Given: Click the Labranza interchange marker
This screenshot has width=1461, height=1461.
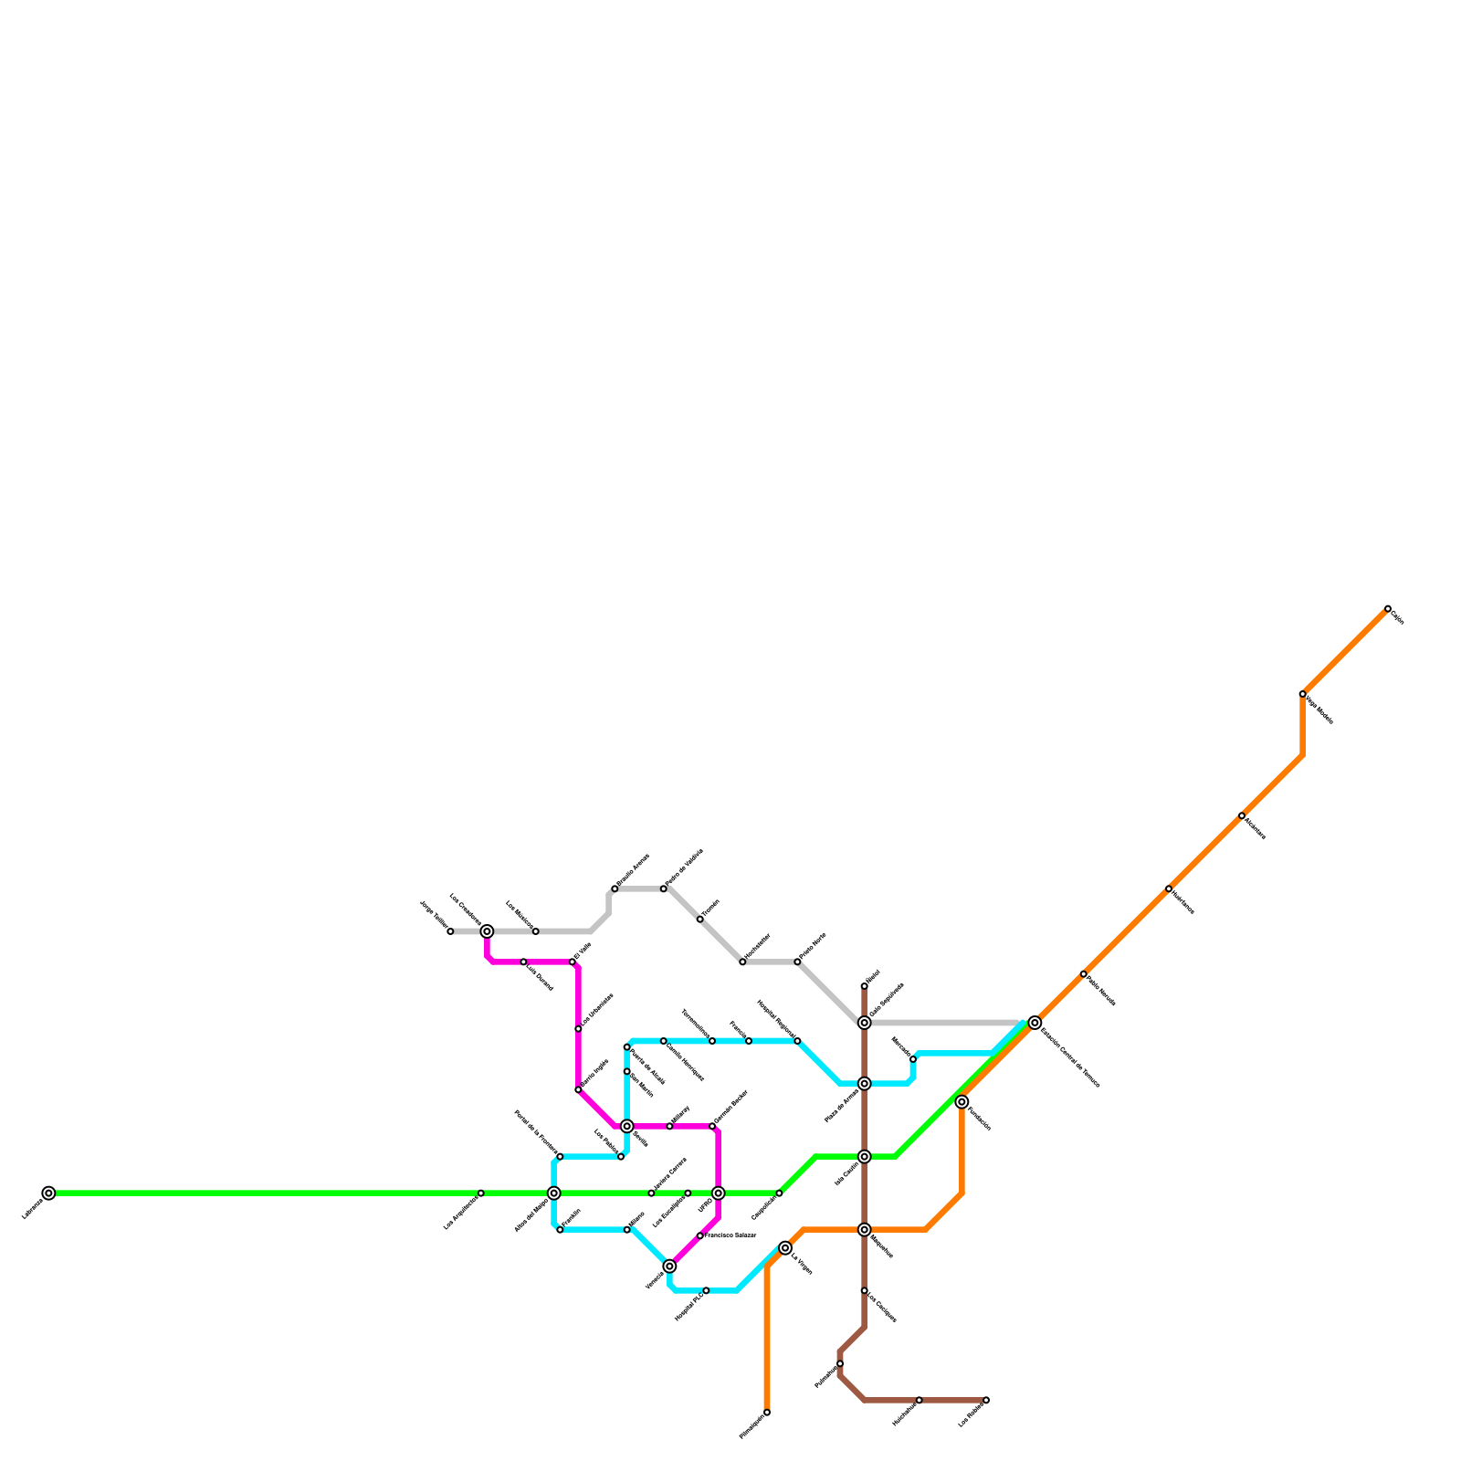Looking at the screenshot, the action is [48, 1193].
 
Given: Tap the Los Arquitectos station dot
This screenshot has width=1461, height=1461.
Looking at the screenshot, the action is [481, 1193].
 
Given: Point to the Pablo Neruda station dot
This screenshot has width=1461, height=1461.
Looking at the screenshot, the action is [1083, 974].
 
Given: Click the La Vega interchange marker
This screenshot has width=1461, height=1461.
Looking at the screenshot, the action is [785, 1248].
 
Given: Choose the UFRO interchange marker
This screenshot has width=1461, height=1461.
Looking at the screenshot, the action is [719, 1193].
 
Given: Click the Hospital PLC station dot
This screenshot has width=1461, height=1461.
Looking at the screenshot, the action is [706, 1290].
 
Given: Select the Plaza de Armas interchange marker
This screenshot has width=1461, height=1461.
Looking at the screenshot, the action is [864, 1084].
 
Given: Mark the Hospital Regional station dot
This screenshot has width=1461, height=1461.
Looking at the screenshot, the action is [797, 1041].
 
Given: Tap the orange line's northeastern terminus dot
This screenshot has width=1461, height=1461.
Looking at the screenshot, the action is [1387, 608].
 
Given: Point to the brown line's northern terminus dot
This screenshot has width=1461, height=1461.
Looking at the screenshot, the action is [864, 986].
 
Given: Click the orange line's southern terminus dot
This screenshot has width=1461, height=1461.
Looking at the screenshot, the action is [767, 1413].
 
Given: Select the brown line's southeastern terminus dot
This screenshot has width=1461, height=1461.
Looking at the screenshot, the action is [986, 1400].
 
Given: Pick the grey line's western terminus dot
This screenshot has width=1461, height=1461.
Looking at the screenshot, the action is [450, 931].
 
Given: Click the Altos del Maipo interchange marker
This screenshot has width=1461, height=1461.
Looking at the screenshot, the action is [554, 1193].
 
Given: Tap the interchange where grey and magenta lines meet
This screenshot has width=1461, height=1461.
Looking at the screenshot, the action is [488, 931].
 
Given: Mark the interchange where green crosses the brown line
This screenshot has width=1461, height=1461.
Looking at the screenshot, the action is [864, 1157].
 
